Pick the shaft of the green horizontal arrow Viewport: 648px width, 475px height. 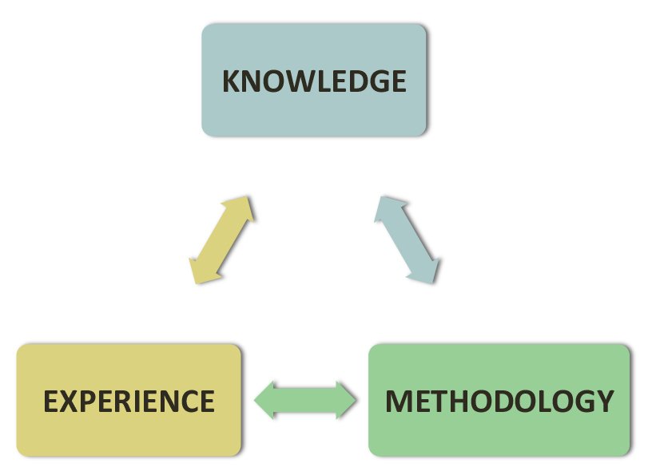[x=305, y=399]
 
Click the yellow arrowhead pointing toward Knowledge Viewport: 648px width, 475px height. [x=244, y=206]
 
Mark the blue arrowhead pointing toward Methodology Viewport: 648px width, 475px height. [x=428, y=271]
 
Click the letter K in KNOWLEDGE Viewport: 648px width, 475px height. [x=231, y=81]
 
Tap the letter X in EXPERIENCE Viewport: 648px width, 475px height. [x=70, y=401]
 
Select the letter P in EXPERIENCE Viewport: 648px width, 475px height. [x=88, y=401]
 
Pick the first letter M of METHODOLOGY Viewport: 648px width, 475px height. [x=399, y=401]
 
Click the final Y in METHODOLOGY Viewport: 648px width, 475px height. [x=605, y=401]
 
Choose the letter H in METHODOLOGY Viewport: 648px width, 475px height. [x=458, y=401]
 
